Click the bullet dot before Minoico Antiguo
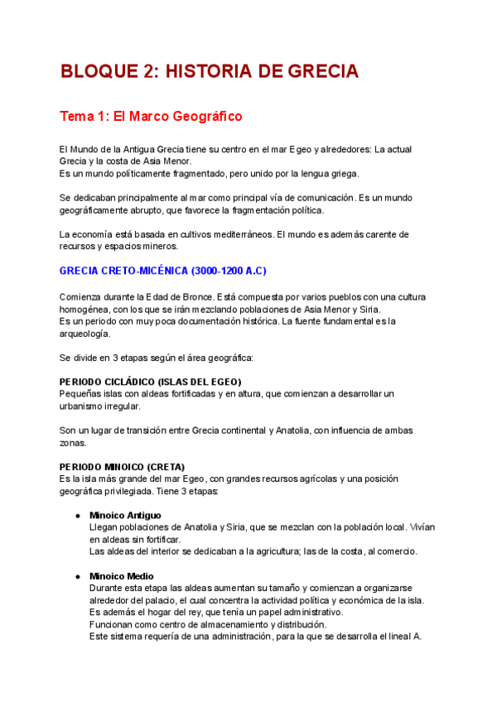point(77,516)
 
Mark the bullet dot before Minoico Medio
point(77,576)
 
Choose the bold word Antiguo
point(142,516)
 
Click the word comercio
point(395,551)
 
